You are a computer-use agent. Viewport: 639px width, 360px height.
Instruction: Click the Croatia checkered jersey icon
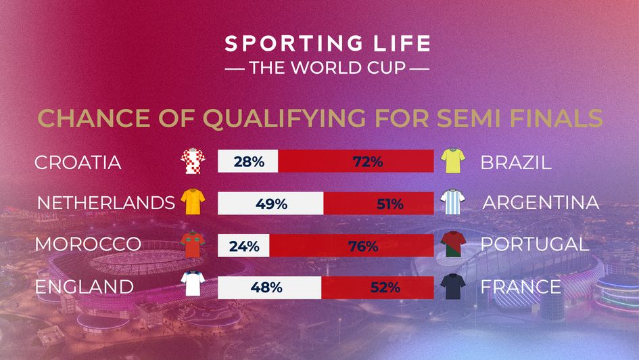(191, 162)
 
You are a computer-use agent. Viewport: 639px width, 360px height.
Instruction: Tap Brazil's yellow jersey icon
(452, 162)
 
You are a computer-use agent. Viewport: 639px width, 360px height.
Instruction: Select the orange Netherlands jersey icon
(192, 202)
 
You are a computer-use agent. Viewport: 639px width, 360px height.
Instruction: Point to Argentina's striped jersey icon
(452, 202)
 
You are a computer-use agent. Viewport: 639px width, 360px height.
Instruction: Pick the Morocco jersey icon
(192, 244)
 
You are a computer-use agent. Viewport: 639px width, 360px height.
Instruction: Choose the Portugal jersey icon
(452, 244)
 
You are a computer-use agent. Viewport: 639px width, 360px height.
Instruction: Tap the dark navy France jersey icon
(452, 286)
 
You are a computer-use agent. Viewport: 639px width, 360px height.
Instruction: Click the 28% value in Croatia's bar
(247, 162)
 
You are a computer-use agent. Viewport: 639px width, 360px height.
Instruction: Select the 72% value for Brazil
(368, 162)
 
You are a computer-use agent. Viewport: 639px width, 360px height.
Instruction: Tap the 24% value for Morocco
(243, 246)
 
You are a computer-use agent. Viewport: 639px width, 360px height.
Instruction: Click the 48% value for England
(266, 287)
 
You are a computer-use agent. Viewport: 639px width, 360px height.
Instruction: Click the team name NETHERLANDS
(101, 203)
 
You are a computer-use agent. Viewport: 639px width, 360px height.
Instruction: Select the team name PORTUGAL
(534, 244)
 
